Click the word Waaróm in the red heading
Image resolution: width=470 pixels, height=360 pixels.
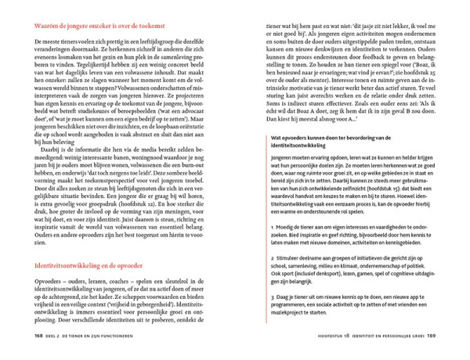[46, 27]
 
